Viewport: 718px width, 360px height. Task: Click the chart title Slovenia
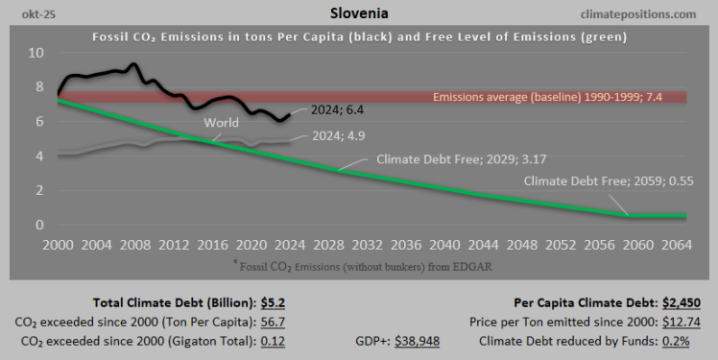click(x=358, y=13)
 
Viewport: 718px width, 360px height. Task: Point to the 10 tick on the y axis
click(x=35, y=52)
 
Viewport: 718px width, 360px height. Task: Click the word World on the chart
click(x=222, y=123)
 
